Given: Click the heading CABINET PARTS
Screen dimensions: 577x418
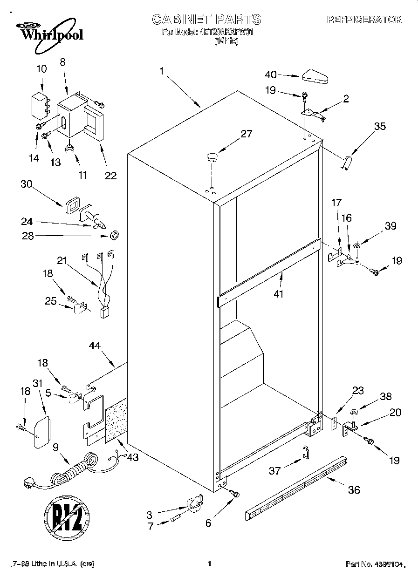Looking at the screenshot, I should (x=206, y=20).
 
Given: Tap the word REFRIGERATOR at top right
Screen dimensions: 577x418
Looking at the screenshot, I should (x=364, y=20).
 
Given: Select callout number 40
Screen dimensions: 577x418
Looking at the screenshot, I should (x=271, y=75).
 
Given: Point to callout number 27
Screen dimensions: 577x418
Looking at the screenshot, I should (x=246, y=134).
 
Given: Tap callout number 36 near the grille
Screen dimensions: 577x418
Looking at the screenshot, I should (x=354, y=490).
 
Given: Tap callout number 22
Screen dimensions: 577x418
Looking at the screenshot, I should (x=110, y=176).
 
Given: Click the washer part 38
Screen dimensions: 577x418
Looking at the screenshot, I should (x=354, y=412).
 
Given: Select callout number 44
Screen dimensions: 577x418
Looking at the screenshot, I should (x=95, y=346).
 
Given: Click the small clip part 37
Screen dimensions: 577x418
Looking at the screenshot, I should (x=305, y=451).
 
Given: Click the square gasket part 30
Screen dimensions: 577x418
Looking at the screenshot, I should (x=72, y=204).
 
